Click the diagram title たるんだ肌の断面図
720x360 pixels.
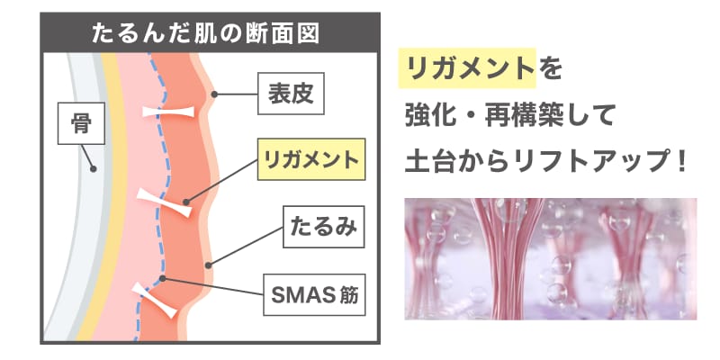coord(205,34)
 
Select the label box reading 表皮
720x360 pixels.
coord(291,94)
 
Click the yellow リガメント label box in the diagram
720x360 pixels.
coord(311,159)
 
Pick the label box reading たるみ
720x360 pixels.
coord(324,227)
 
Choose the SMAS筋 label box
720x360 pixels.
coord(314,295)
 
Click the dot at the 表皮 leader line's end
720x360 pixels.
coord(214,94)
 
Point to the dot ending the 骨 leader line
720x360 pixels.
coord(94,169)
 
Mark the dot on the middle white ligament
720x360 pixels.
coord(186,202)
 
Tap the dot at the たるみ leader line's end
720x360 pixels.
coord(208,265)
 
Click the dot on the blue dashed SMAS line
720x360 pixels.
coord(162,278)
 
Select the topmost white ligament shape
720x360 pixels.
coord(168,112)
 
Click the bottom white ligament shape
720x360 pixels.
coord(154,301)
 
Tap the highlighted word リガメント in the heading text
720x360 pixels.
coord(466,68)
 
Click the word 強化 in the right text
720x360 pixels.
coord(436,116)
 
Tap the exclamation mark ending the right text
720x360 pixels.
coord(681,162)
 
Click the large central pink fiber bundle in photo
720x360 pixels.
coord(508,258)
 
